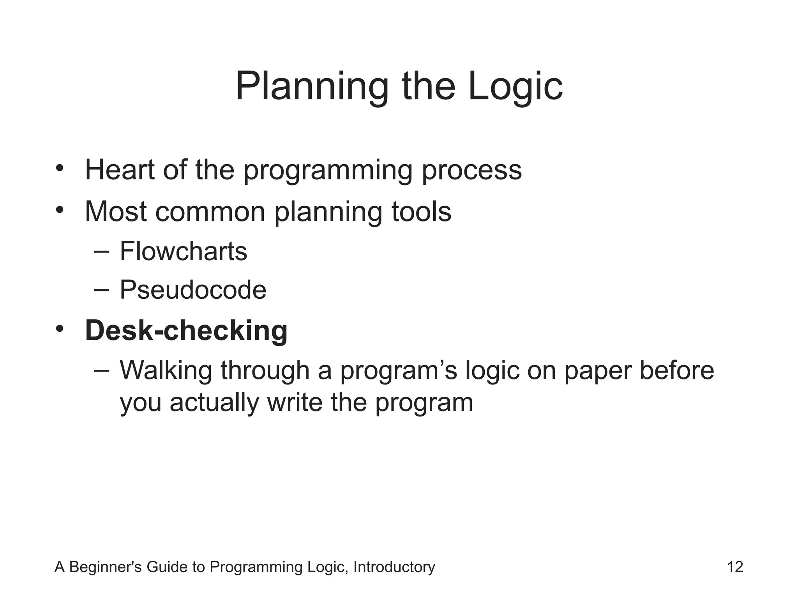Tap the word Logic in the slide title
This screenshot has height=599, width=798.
[x=515, y=87]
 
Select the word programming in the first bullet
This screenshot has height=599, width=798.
[x=327, y=170]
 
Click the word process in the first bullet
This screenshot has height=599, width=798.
[x=471, y=170]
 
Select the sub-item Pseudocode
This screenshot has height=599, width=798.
[x=193, y=290]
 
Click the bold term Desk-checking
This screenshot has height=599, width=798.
[x=186, y=331]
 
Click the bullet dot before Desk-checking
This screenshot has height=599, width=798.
[x=59, y=329]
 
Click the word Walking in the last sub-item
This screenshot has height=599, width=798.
[x=166, y=370]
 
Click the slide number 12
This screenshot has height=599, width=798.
[x=735, y=567]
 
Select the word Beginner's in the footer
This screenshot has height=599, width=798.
[x=106, y=567]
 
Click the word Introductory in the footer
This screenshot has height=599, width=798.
[x=394, y=567]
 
